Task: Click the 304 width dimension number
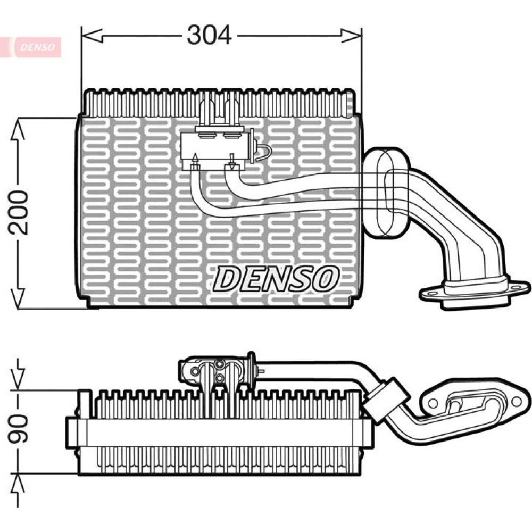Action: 209,35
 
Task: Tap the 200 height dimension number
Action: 18,212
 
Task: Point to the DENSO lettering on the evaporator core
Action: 276,278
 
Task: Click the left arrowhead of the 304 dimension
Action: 92,35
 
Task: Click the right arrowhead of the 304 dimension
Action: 352,35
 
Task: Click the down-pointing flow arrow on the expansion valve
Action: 232,162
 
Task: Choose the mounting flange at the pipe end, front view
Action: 475,292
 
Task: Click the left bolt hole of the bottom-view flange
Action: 432,403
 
